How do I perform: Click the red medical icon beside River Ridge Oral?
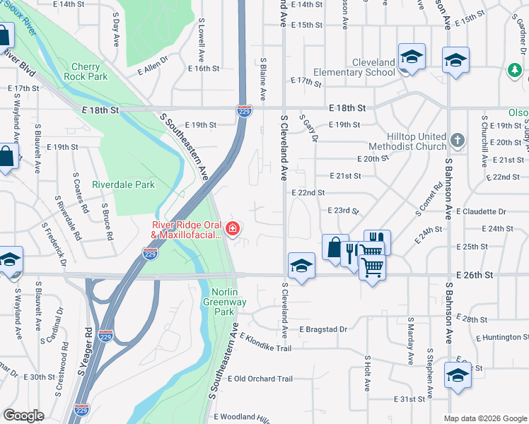(232, 229)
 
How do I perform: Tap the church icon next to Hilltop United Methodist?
(458, 139)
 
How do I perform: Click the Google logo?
(23, 416)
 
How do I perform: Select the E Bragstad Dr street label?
(324, 329)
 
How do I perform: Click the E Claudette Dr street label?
(482, 211)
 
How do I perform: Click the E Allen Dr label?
(153, 67)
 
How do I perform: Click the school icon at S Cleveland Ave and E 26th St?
(301, 266)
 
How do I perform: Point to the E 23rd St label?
(344, 210)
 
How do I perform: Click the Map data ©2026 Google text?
(485, 418)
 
